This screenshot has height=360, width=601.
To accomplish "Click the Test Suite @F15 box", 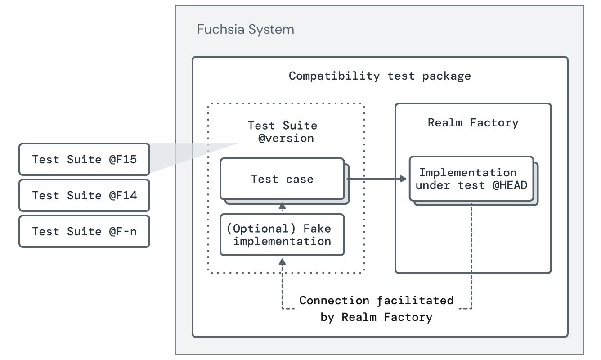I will [x=84, y=159].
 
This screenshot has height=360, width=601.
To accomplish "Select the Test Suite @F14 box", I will [x=84, y=195].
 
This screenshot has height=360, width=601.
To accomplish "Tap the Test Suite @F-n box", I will [x=84, y=231].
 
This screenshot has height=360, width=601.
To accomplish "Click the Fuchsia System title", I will [x=246, y=30].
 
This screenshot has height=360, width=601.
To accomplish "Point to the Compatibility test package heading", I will [x=380, y=76].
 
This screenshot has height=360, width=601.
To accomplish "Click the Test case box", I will [x=282, y=179].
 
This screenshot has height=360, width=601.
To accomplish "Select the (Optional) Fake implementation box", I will [x=282, y=234].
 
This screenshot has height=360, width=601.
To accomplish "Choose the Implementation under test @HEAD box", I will [x=471, y=179].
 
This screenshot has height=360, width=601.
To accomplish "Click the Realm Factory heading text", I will [x=473, y=122].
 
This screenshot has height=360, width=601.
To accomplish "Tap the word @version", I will [x=286, y=138].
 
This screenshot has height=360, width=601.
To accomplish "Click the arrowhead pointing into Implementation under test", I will [x=404, y=179].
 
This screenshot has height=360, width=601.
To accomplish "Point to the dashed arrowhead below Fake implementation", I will [x=282, y=261].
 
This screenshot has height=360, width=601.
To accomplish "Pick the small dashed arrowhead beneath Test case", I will [x=282, y=206].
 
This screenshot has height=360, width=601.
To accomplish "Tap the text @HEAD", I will [x=510, y=185].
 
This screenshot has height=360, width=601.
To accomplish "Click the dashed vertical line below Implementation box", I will [x=471, y=252].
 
